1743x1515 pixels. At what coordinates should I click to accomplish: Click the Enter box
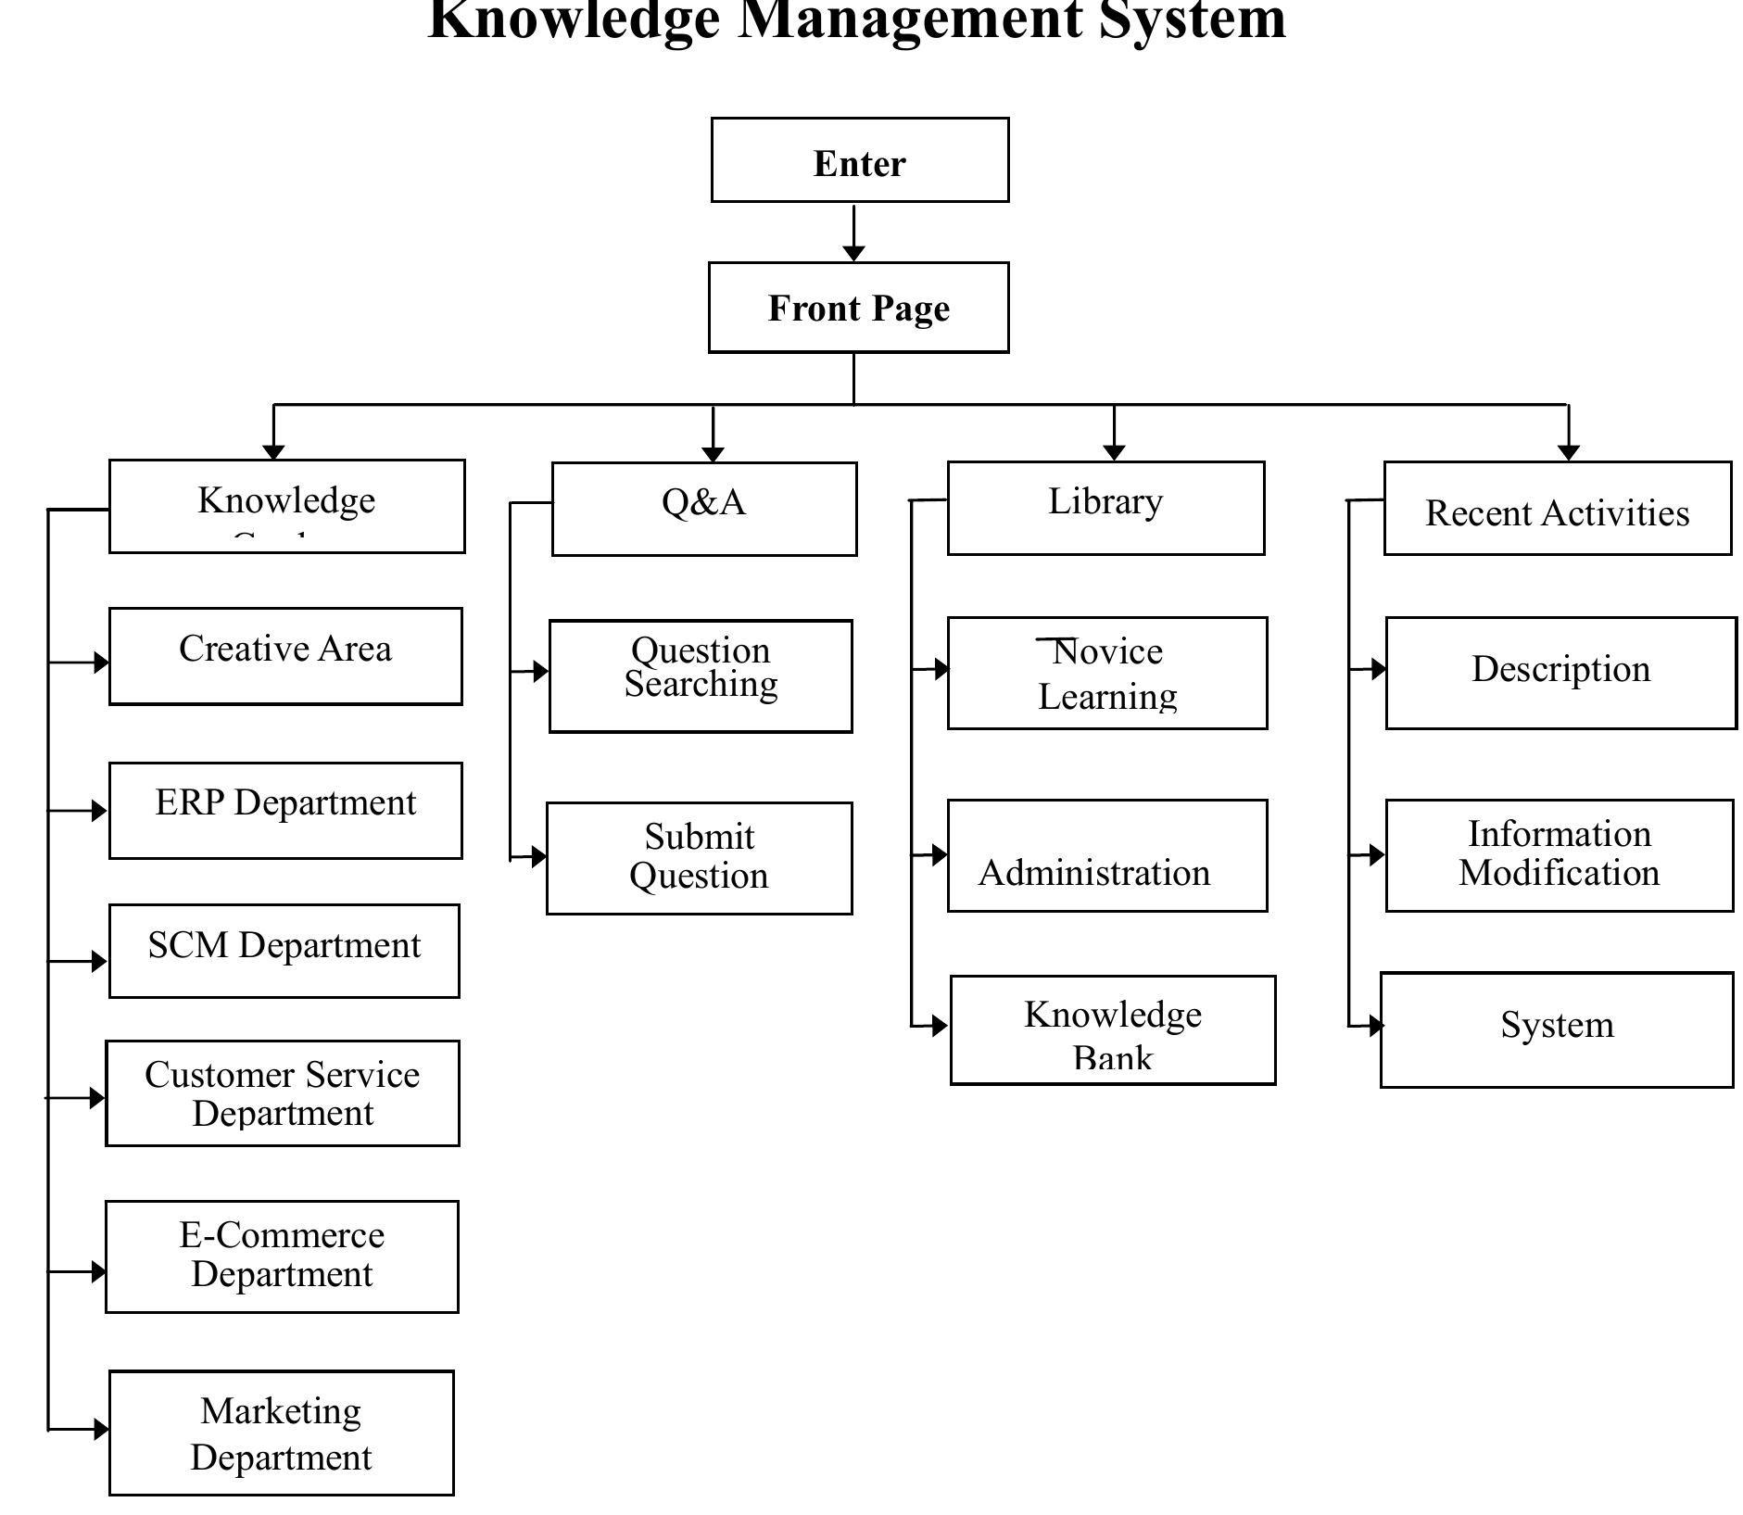coord(859,160)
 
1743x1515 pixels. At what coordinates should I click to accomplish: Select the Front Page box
coord(858,308)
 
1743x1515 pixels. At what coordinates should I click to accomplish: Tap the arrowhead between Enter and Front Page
coord(853,252)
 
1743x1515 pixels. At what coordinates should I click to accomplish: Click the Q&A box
coord(703,509)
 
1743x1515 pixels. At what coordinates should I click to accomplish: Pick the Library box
coord(1105,508)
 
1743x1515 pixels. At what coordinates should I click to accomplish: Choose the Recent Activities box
coord(1557,509)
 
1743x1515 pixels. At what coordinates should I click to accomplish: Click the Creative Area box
coord(285,656)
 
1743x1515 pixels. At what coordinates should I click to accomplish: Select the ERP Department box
coord(285,810)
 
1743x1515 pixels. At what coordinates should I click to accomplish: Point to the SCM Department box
coord(284,951)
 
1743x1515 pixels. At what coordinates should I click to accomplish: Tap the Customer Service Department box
coord(283,1093)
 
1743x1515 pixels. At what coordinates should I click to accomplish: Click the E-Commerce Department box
coord(282,1256)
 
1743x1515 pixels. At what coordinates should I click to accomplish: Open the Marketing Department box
coord(282,1433)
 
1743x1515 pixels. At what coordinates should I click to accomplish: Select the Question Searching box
coord(701,676)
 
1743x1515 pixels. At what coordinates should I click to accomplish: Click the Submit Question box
coord(700,858)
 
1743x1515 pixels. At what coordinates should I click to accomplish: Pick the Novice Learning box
coord(1106,673)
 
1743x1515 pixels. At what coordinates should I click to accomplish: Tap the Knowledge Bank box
coord(1113,1029)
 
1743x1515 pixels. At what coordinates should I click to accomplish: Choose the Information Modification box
coord(1559,855)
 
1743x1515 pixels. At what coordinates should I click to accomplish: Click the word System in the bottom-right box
coord(1557,1025)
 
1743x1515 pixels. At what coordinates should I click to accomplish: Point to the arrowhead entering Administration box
coord(940,854)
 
